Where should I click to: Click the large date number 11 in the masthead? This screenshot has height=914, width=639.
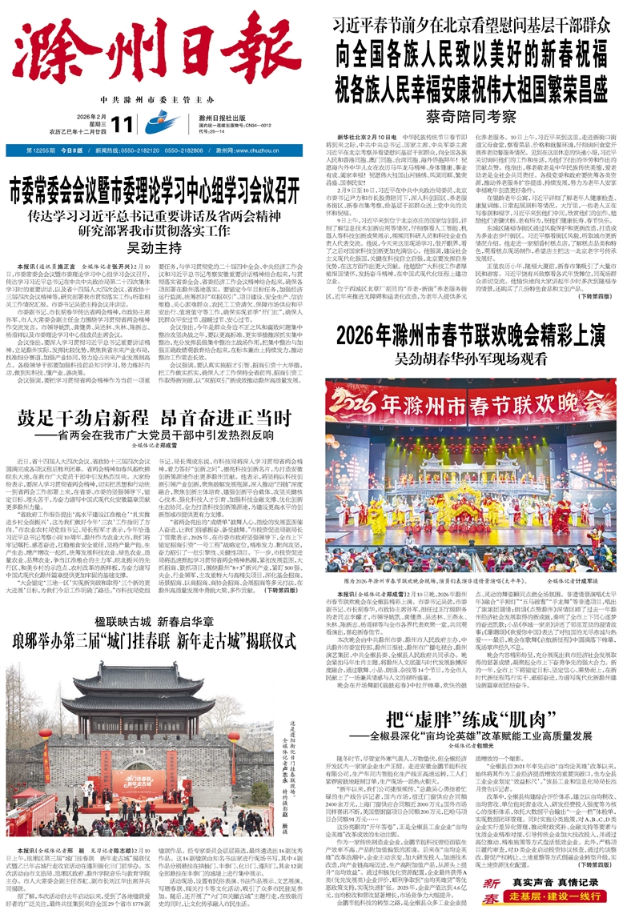123,124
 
